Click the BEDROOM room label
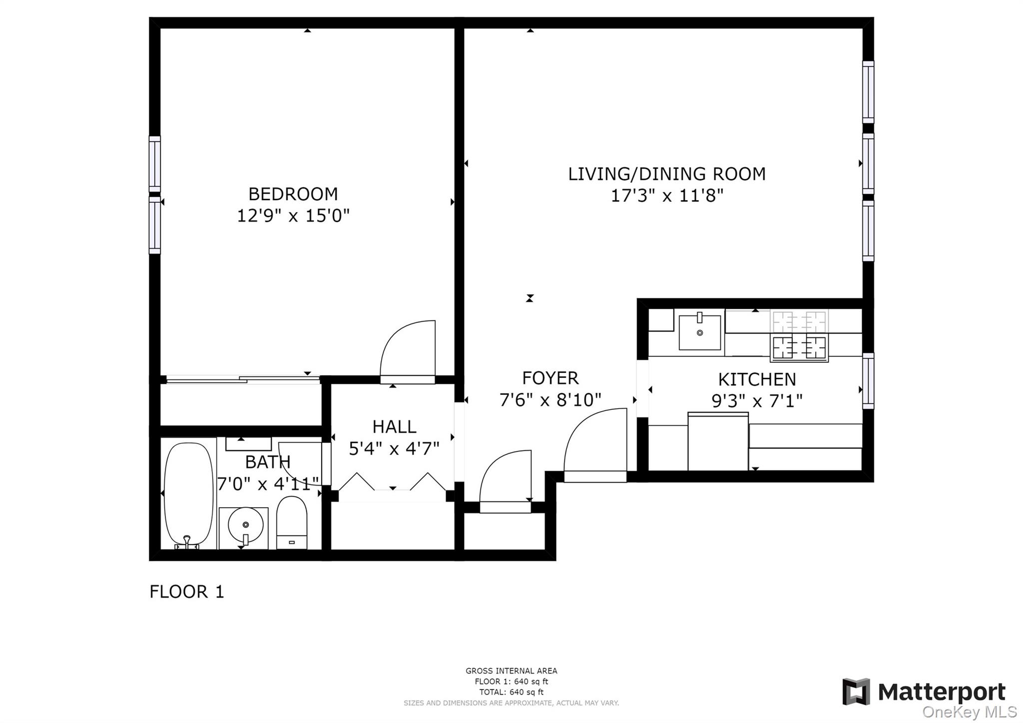(x=293, y=194)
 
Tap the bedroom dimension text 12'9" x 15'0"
(x=293, y=216)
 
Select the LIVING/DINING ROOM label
(x=667, y=174)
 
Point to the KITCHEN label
(x=757, y=380)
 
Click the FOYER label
(x=550, y=378)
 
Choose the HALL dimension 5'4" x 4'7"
(x=394, y=449)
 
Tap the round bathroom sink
(x=245, y=525)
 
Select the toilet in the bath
(x=291, y=523)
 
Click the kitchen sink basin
(x=699, y=332)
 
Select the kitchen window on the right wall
(x=869, y=381)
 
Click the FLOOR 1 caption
(x=187, y=592)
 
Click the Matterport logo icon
(x=856, y=692)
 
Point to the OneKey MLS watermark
(x=970, y=712)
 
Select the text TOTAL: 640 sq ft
(x=511, y=692)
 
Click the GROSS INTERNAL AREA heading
(x=511, y=671)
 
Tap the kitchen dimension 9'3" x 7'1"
(x=757, y=401)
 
